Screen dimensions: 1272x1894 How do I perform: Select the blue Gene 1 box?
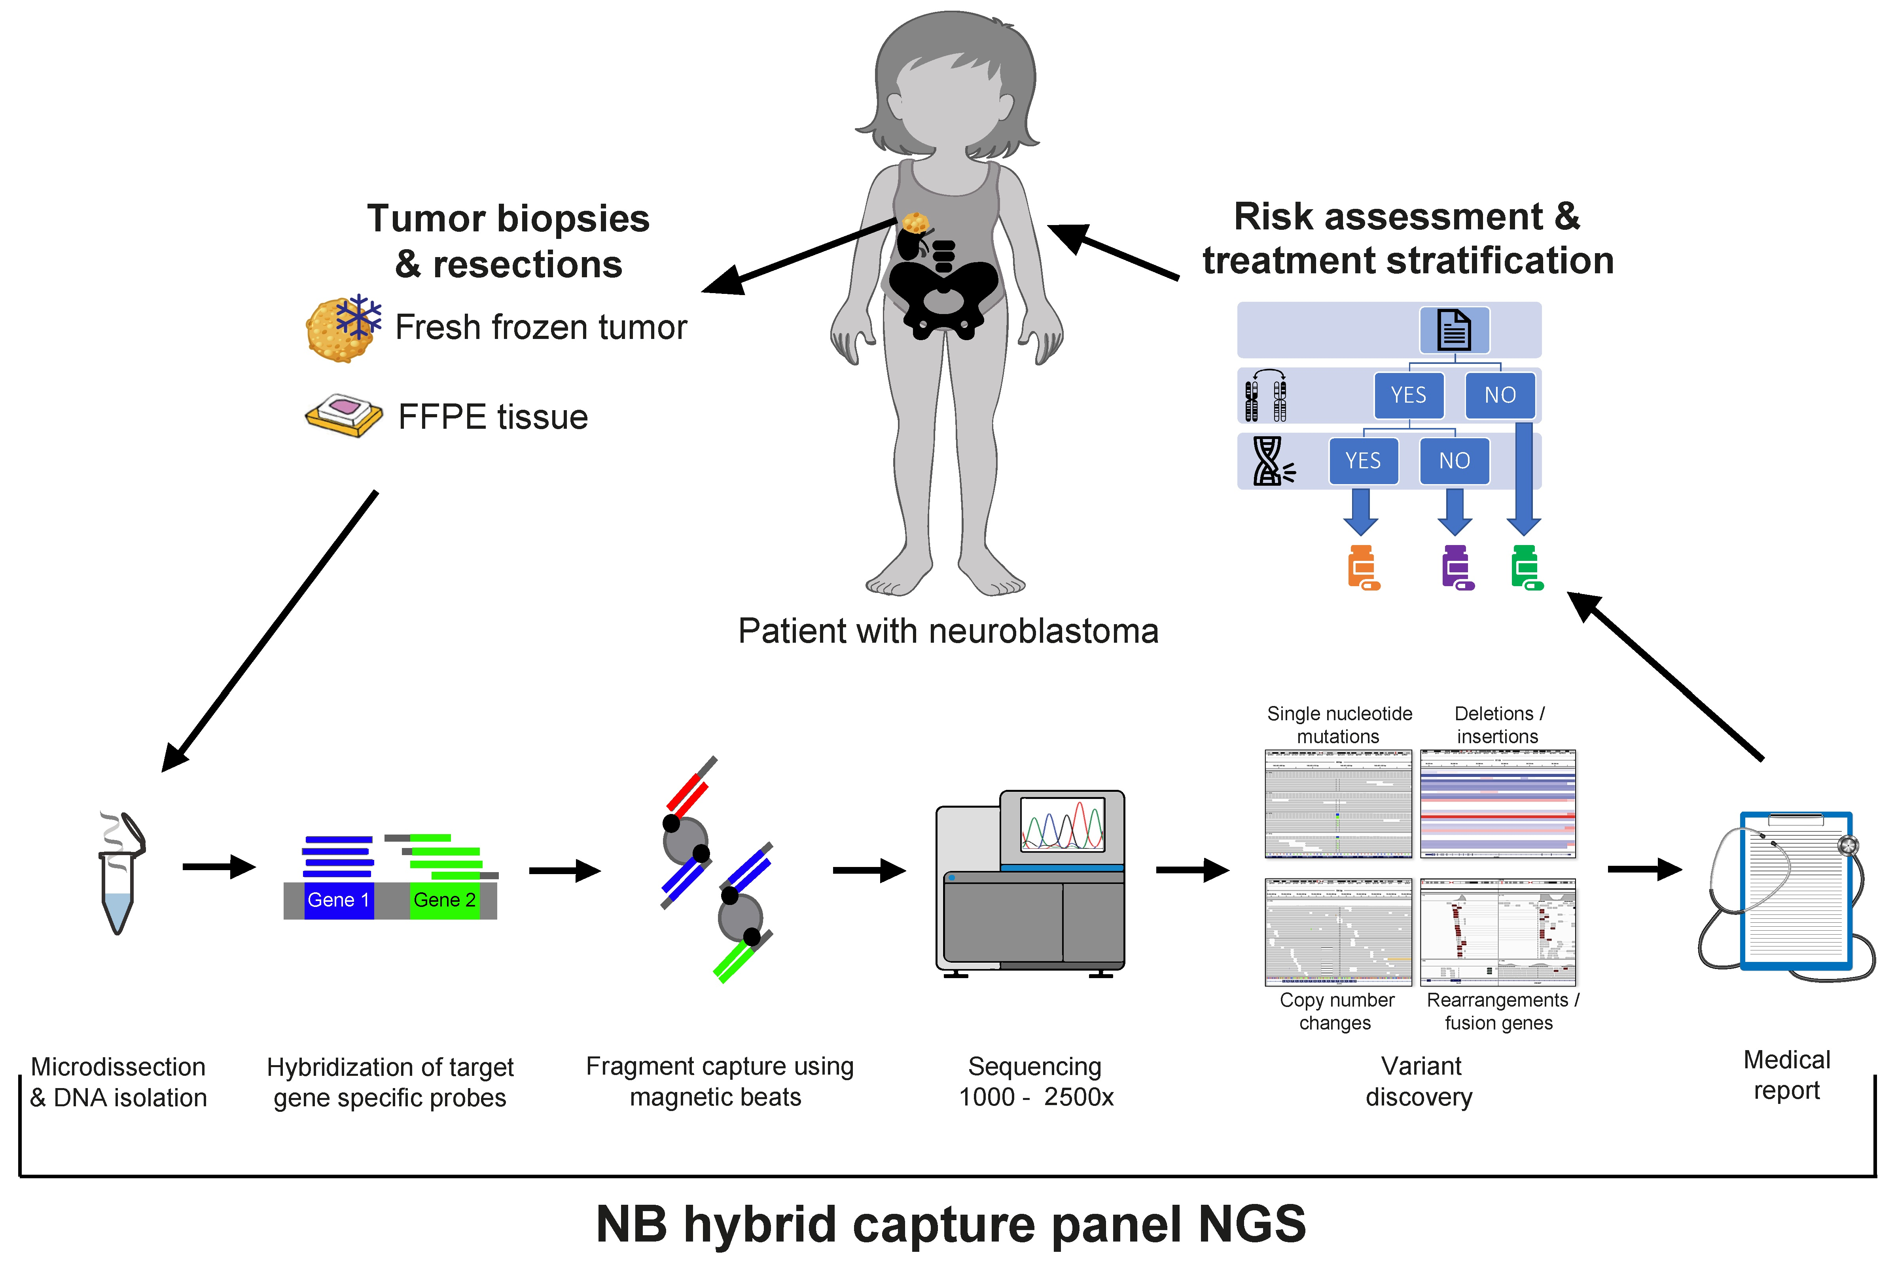[x=338, y=900]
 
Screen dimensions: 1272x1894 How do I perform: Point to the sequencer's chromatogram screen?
[x=1062, y=823]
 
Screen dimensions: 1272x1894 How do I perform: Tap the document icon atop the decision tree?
[x=1454, y=330]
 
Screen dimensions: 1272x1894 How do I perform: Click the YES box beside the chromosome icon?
[x=1408, y=395]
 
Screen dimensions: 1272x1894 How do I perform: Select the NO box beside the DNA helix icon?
[x=1455, y=461]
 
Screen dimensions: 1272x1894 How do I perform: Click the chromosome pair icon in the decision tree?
[x=1265, y=396]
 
